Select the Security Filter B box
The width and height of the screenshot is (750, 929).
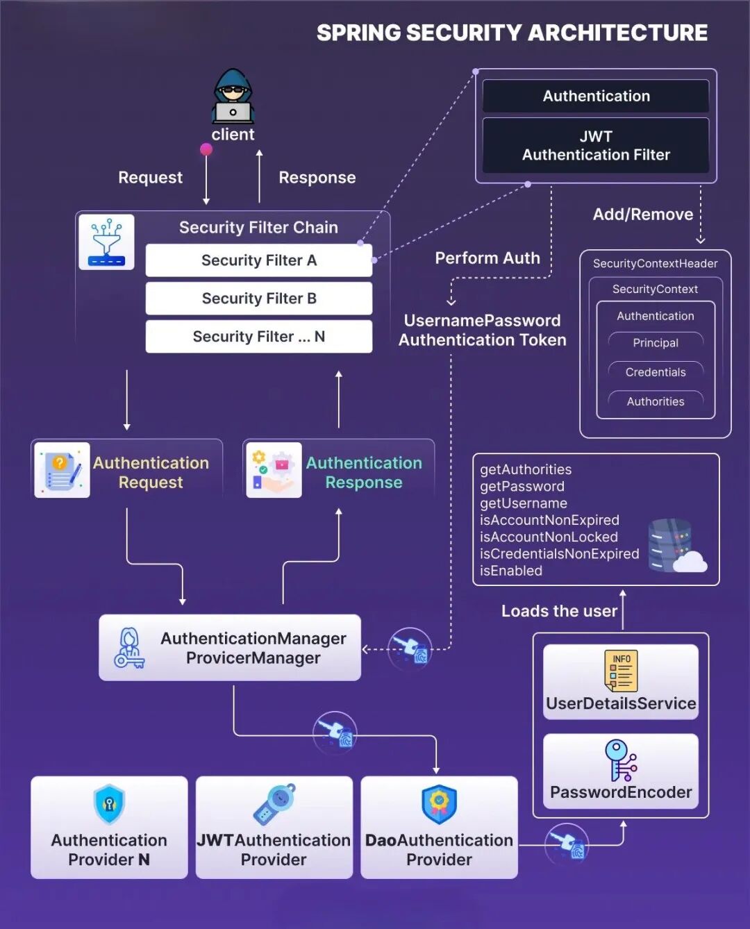259,299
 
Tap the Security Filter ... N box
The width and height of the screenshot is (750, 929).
259,337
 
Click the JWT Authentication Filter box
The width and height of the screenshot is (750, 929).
596,146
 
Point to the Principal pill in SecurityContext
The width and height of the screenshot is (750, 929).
656,343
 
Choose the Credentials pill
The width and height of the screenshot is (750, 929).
656,372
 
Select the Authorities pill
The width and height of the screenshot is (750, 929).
656,401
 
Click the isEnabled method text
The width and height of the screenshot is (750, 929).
511,571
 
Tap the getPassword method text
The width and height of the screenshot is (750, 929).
522,487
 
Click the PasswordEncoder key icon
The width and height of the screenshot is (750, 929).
621,760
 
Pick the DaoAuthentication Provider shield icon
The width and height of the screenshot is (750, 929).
439,804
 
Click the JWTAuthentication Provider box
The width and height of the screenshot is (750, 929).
274,828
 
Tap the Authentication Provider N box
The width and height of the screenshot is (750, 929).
109,828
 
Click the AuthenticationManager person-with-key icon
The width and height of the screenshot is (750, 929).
129,648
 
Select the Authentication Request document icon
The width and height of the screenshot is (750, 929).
62,470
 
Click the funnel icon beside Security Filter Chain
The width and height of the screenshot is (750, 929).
106,242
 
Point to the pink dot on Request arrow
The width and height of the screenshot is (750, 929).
206,149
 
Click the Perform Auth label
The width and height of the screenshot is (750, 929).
487,258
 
